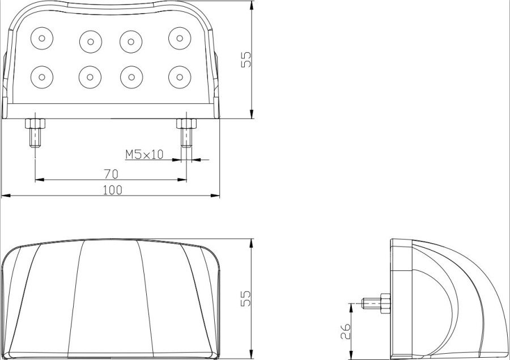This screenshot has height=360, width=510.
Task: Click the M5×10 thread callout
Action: pos(144,154)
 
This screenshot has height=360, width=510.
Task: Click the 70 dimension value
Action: pos(111,174)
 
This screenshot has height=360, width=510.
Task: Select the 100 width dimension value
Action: pos(113,190)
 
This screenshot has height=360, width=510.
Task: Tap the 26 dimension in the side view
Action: pos(346,331)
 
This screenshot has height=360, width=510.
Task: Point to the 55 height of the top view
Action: pos(246,60)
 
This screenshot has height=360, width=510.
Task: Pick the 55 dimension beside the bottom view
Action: pos(246,298)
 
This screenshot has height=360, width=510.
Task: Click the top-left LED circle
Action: pos(41,38)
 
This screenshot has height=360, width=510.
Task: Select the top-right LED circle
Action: pos(180,38)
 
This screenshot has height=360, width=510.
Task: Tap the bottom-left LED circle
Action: pos(41,77)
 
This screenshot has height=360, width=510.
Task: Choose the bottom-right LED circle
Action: pos(180,77)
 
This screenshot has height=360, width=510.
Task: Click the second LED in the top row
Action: pos(91,41)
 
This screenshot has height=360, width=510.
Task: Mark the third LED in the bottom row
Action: pos(131,77)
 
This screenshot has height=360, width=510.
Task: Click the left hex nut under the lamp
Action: pos(35,124)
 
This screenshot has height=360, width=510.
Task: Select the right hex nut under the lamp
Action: pos(186,124)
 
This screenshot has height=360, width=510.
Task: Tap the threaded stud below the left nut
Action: pos(35,138)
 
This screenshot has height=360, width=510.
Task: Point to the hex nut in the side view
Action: pos(385,303)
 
